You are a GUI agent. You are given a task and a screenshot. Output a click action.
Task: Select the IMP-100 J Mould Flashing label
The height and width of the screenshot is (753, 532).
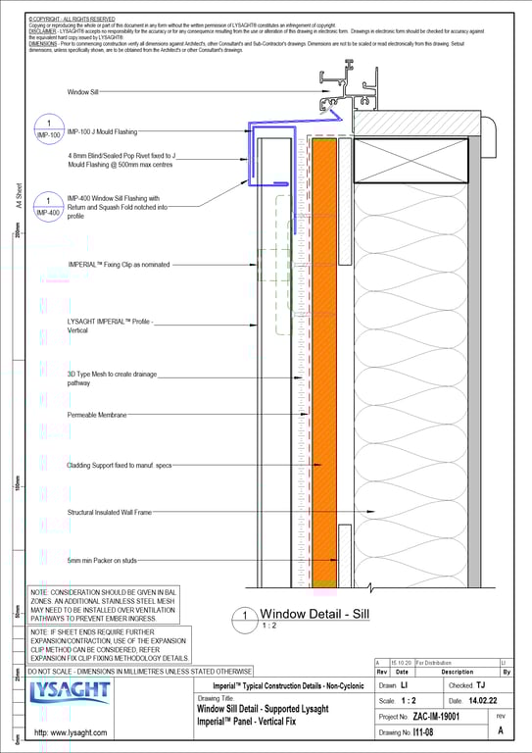[x=103, y=131]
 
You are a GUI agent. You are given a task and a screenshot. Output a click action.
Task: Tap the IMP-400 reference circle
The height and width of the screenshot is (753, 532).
[x=49, y=206]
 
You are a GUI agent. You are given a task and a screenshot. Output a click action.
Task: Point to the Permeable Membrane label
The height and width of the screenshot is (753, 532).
[x=97, y=416]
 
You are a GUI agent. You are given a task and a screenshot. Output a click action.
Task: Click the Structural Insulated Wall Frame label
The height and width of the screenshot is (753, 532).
[x=110, y=512]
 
